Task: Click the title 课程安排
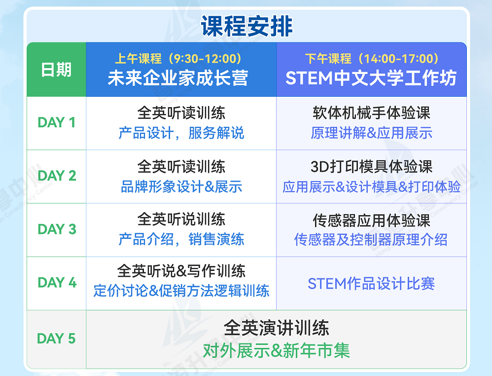246,26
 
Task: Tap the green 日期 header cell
56,70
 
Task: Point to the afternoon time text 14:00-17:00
399,59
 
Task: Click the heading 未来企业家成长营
178,78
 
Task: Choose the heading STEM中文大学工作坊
371,78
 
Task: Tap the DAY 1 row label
57,122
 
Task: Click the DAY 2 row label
57,176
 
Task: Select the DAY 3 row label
57,229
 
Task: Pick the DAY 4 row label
57,283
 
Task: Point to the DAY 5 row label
56,338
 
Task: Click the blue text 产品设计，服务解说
181,133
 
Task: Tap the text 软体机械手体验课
371,113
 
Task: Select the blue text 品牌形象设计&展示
181,187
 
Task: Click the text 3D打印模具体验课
371,166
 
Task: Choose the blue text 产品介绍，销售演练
181,239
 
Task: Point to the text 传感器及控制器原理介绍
371,240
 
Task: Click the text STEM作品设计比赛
371,283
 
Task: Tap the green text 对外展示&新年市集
276,350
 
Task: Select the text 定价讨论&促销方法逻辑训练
181,291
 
